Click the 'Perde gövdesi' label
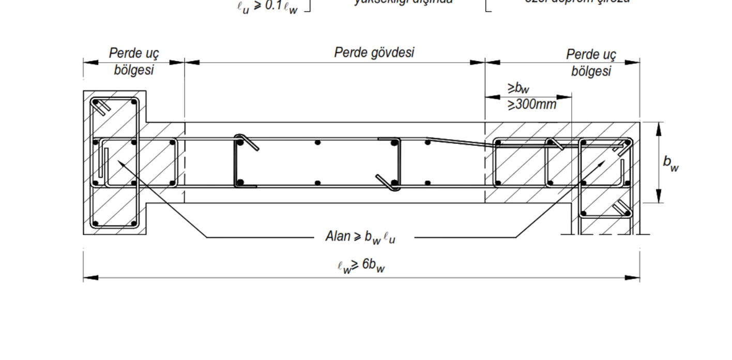tap(374, 53)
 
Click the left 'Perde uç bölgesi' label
tap(134, 62)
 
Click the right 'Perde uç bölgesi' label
tap(591, 63)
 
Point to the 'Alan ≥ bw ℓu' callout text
tap(361, 237)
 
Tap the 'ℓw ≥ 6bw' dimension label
tap(361, 265)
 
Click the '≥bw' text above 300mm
tap(518, 88)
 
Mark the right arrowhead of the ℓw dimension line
tap(634, 278)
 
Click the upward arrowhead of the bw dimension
tap(659, 127)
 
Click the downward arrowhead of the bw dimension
tap(659, 198)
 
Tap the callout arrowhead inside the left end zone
tap(121, 163)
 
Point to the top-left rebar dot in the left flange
tap(96, 102)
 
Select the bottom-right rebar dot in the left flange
tap(133, 224)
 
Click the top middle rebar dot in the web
tap(318, 142)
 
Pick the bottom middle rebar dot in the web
tap(318, 183)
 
